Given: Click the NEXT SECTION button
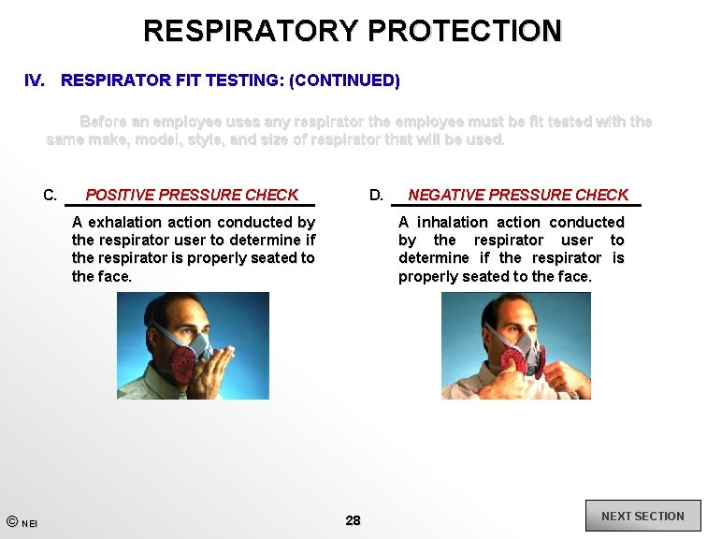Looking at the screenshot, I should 642,517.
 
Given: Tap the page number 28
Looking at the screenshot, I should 353,520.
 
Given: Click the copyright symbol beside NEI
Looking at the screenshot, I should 11,521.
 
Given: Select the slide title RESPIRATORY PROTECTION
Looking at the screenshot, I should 353,31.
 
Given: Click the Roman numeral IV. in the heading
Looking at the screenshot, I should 35,80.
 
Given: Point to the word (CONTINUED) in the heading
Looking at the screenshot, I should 344,80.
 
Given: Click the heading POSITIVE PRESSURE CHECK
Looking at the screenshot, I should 192,195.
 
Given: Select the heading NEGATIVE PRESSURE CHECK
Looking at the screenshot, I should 518,195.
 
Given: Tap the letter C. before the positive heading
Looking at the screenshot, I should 50,196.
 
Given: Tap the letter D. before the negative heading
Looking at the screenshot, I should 376,196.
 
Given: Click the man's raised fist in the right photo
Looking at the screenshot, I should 564,375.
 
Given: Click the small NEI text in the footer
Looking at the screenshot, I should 30,524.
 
